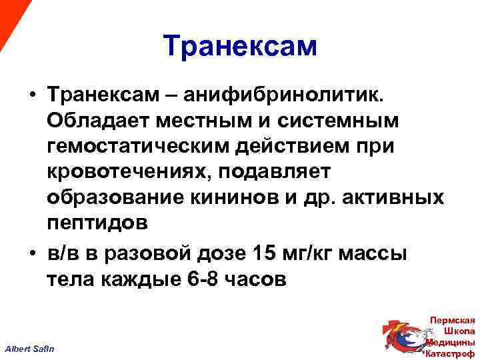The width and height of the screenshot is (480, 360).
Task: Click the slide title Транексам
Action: click(x=240, y=46)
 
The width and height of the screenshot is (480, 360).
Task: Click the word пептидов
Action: click(x=97, y=223)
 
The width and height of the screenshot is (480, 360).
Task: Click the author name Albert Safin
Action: click(x=30, y=349)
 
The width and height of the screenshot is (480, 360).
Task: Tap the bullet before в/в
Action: click(x=32, y=254)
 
